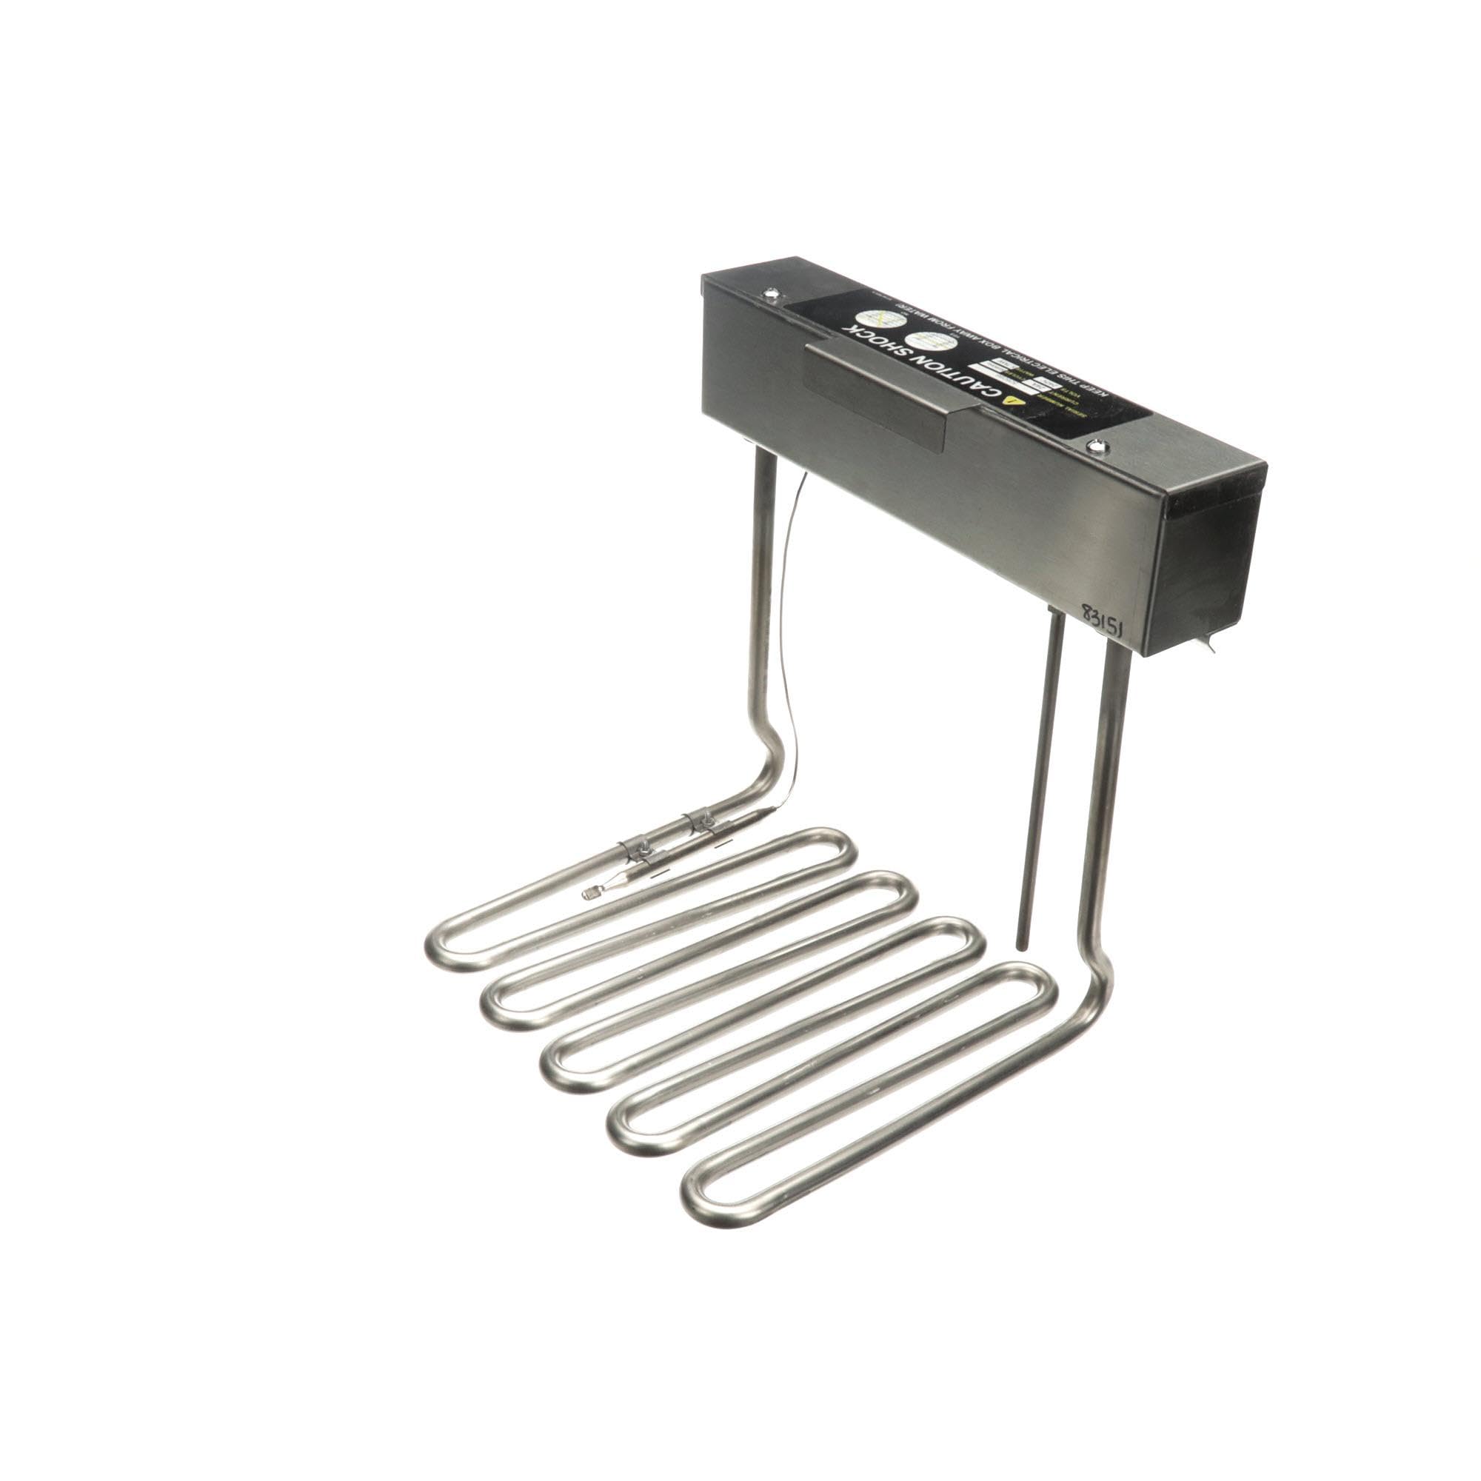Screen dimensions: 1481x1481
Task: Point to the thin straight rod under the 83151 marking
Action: click(x=1037, y=766)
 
